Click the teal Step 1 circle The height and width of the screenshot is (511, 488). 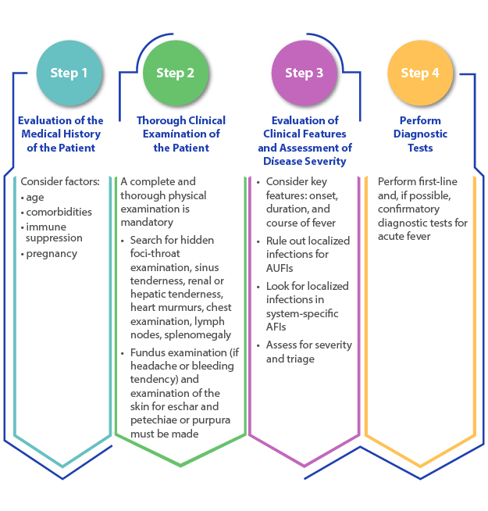click(x=69, y=73)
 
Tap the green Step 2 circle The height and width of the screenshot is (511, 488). click(x=175, y=73)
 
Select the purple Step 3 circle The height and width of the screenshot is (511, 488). click(x=304, y=73)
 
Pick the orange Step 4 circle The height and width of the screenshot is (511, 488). click(x=420, y=73)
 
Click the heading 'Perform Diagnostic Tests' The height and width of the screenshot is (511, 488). click(x=420, y=134)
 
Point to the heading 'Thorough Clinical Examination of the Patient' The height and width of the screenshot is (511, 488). click(x=181, y=134)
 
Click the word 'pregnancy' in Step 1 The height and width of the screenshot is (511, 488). click(x=52, y=253)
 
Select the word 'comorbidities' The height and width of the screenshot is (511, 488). click(x=59, y=212)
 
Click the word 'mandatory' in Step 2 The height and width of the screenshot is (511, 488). click(x=147, y=222)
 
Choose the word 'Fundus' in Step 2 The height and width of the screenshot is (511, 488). click(x=146, y=352)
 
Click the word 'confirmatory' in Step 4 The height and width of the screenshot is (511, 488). click(x=408, y=209)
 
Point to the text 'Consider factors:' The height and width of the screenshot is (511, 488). click(x=60, y=181)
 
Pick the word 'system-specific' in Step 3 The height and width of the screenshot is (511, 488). click(x=302, y=313)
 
